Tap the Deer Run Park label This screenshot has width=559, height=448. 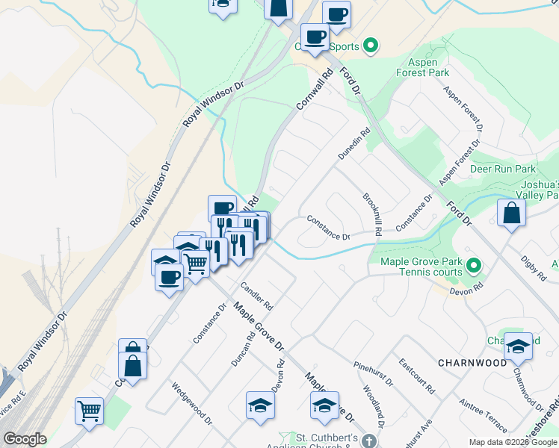coord(504,169)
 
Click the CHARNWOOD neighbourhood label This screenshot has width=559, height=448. coord(472,363)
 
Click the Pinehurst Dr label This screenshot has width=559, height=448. coord(373,373)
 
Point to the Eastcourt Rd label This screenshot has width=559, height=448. coord(416,376)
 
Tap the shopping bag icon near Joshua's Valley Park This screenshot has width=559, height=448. coord(512,213)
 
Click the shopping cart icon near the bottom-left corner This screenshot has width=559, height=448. coord(90,410)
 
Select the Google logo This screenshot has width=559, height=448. coord(25,439)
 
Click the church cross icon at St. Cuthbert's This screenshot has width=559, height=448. coord(367,442)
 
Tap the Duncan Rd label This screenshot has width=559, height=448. coord(243,347)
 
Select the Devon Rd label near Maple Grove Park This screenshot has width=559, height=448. coord(469,289)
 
